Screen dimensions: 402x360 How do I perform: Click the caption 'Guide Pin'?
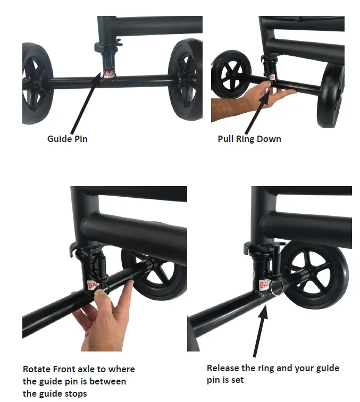67,139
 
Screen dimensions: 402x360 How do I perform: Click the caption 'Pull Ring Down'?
249,139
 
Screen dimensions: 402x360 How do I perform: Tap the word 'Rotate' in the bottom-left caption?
36,369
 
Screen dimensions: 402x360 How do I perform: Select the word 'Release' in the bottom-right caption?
223,368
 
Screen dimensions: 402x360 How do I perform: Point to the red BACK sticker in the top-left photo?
108,74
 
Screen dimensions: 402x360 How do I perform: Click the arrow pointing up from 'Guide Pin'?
86,103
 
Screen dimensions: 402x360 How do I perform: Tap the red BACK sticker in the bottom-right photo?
264,286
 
